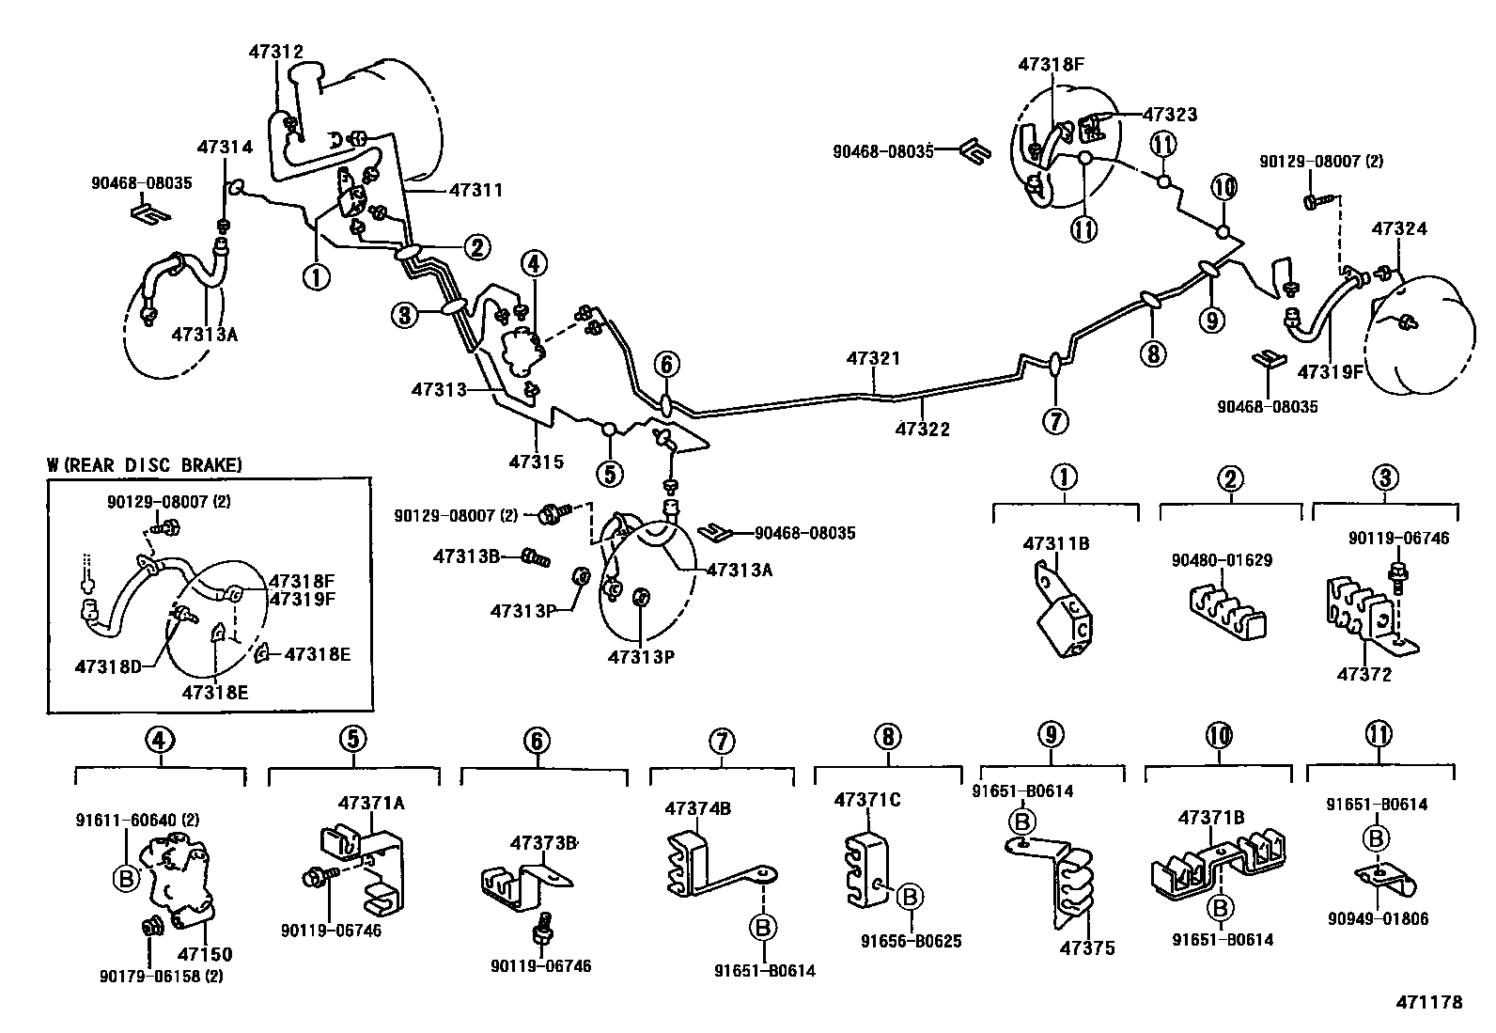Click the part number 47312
tap(276, 52)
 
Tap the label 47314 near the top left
tap(225, 147)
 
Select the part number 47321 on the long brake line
tap(873, 358)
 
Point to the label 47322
tap(922, 429)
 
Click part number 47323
tap(1170, 115)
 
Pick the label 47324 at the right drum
tap(1399, 228)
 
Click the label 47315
tap(537, 462)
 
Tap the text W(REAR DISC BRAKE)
tap(145, 464)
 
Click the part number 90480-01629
tap(1222, 560)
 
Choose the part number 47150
tap(205, 954)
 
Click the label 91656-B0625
tap(912, 940)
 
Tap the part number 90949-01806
tap(1378, 918)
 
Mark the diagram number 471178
tap(1430, 1002)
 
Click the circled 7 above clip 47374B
tap(721, 741)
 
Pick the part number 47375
tap(1086, 947)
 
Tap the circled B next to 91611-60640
tap(125, 879)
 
